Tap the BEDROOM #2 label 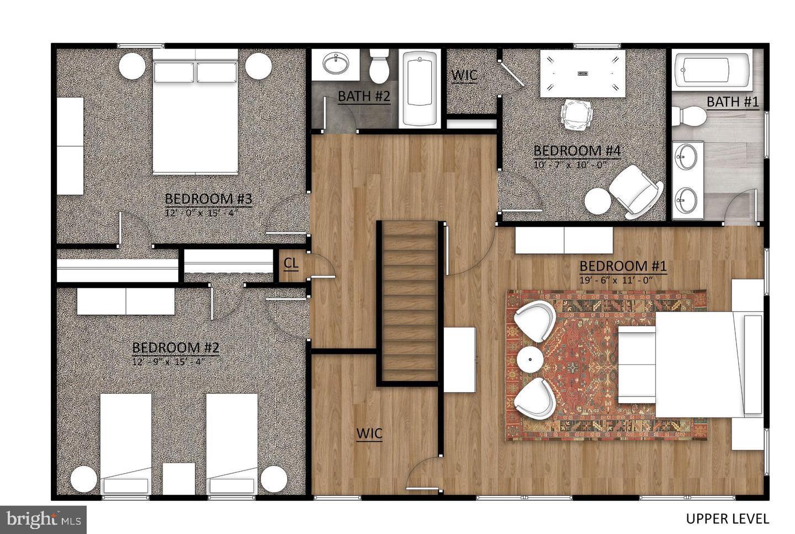click(176, 348)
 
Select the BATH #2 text click(364, 96)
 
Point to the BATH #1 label click(733, 102)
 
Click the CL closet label click(291, 264)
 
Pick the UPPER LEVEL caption click(727, 519)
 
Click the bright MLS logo click(43, 520)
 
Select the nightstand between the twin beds click(179, 478)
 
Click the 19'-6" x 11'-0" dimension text click(616, 279)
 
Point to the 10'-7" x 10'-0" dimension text click(570, 164)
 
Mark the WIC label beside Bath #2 click(464, 75)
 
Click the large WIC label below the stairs click(369, 433)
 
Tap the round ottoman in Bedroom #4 click(598, 201)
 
